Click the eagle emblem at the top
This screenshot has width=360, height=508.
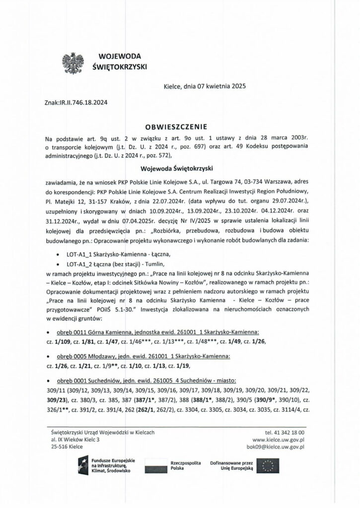click(x=72, y=62)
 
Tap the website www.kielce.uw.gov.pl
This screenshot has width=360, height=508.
click(x=279, y=440)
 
